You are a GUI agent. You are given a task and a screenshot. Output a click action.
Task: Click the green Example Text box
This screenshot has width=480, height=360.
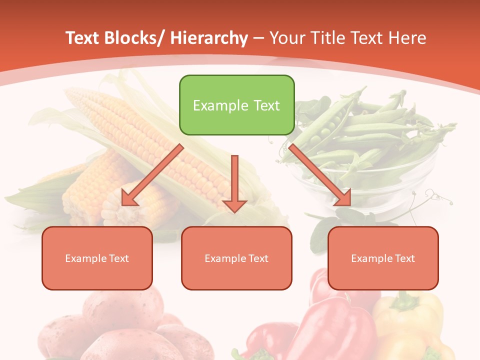point(236,105)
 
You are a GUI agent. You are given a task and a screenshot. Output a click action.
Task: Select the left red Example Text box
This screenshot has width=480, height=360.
point(97,258)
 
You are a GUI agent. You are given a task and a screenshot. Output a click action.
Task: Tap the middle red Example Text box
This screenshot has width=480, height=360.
point(236,258)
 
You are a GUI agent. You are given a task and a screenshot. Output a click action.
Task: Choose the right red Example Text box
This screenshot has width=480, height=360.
point(383,258)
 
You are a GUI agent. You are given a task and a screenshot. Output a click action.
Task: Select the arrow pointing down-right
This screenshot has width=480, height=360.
point(320,175)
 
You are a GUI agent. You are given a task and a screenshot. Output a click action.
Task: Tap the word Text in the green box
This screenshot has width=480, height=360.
point(266,105)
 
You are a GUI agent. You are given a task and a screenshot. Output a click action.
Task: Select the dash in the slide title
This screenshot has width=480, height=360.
point(258,38)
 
